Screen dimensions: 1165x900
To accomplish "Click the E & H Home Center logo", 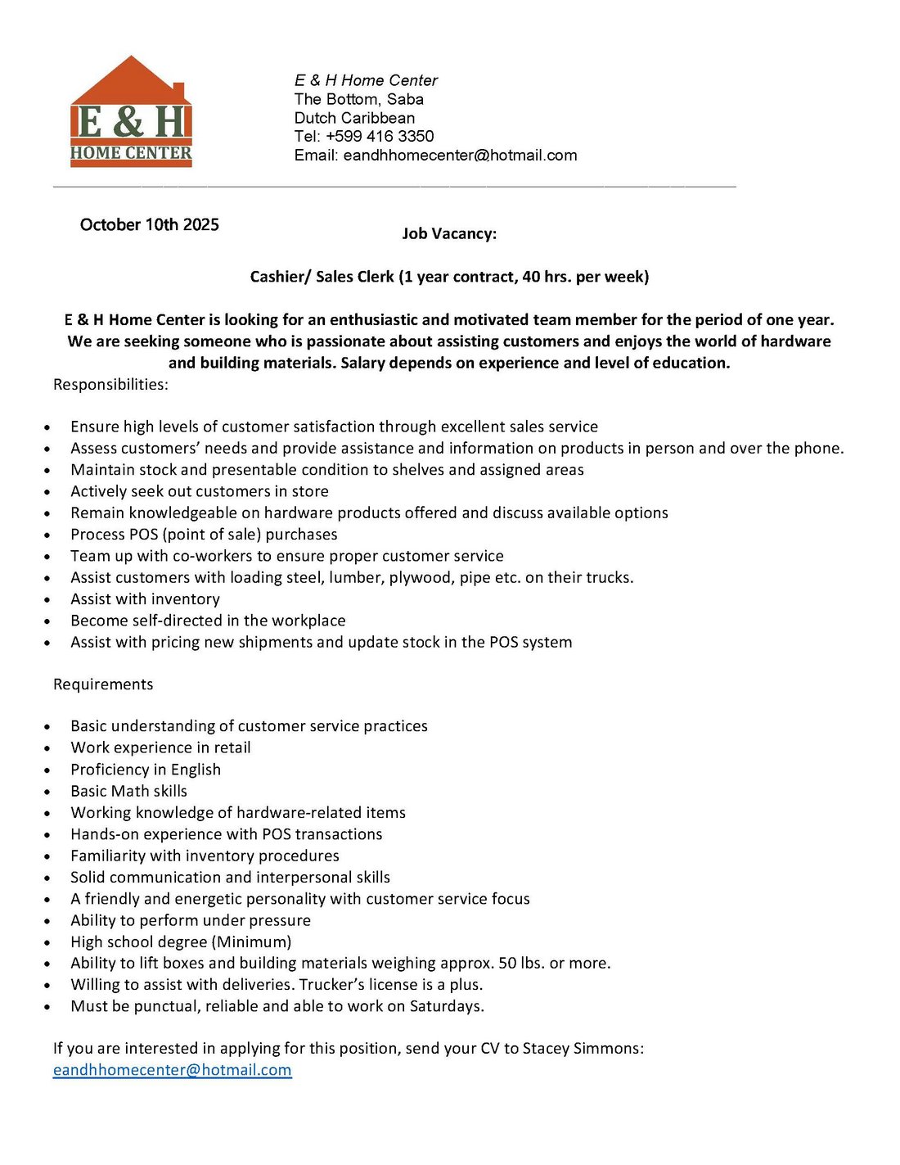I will [x=131, y=113].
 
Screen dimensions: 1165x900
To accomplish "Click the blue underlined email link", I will [x=172, y=1069].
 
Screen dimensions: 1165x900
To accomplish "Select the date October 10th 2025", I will [x=150, y=224].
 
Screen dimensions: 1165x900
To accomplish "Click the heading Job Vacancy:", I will [x=449, y=233].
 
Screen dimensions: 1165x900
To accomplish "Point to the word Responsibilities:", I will [x=110, y=384].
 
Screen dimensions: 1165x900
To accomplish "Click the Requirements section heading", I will [x=103, y=684].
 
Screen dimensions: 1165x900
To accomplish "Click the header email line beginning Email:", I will [x=435, y=155].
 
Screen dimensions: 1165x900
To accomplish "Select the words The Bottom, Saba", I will [x=358, y=99].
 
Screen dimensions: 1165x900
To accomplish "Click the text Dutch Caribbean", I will [x=354, y=118].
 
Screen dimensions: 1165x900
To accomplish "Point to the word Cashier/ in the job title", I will [x=281, y=277].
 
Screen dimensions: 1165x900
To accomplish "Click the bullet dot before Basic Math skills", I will [x=47, y=792].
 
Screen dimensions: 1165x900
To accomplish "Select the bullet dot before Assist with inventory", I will [x=47, y=600].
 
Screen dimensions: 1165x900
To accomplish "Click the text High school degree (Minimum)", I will [x=181, y=941].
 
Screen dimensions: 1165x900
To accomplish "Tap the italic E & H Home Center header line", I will [x=366, y=80].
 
